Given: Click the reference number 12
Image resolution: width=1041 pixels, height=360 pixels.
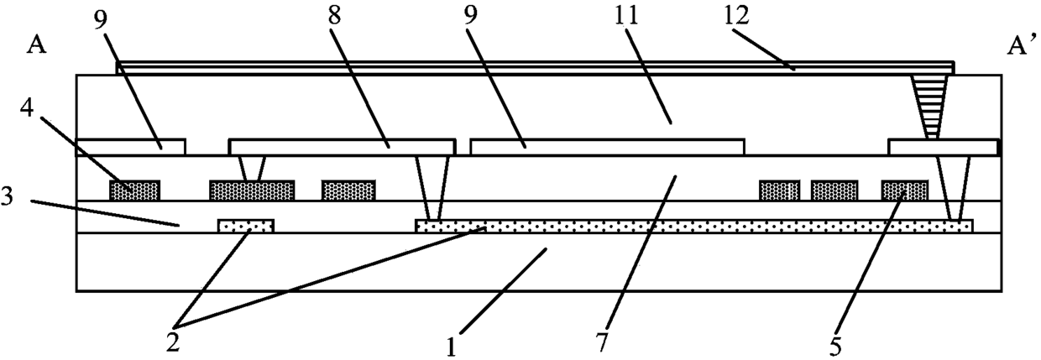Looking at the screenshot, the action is coord(736,15).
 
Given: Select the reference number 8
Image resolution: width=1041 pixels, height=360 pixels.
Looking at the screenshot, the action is coord(334,15).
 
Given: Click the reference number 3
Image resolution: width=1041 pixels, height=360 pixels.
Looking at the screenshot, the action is coord(8,197).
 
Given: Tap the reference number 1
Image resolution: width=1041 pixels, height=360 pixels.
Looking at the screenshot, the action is coord(451,347).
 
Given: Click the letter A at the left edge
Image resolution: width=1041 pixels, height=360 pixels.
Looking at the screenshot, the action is coord(36,45).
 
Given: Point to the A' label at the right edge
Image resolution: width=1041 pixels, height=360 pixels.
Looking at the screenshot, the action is coord(1020,45).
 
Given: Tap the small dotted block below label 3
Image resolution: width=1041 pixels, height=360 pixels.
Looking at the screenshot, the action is coord(246,227).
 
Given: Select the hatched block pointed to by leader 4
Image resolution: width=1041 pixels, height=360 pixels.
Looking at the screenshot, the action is coord(135,190).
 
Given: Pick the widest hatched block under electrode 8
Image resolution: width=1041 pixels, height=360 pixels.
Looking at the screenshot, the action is coord(252,190).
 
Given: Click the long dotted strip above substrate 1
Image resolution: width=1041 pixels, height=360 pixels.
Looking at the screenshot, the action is coord(693,227).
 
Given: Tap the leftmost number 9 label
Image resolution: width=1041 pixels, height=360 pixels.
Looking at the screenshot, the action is coord(101,15).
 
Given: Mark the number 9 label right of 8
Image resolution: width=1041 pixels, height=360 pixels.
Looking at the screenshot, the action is coord(470,15).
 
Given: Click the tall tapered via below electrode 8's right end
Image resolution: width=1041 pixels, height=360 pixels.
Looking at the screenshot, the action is coord(433,188).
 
